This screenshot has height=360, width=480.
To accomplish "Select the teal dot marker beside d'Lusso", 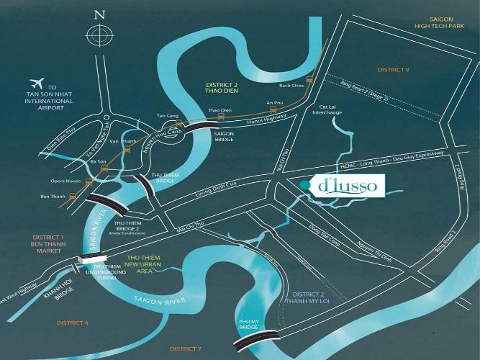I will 304,186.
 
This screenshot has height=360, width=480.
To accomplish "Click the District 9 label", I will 393,70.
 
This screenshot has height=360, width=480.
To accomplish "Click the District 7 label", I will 185,348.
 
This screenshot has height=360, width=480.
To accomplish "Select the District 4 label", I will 73,323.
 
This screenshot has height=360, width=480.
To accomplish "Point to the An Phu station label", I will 273,103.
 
